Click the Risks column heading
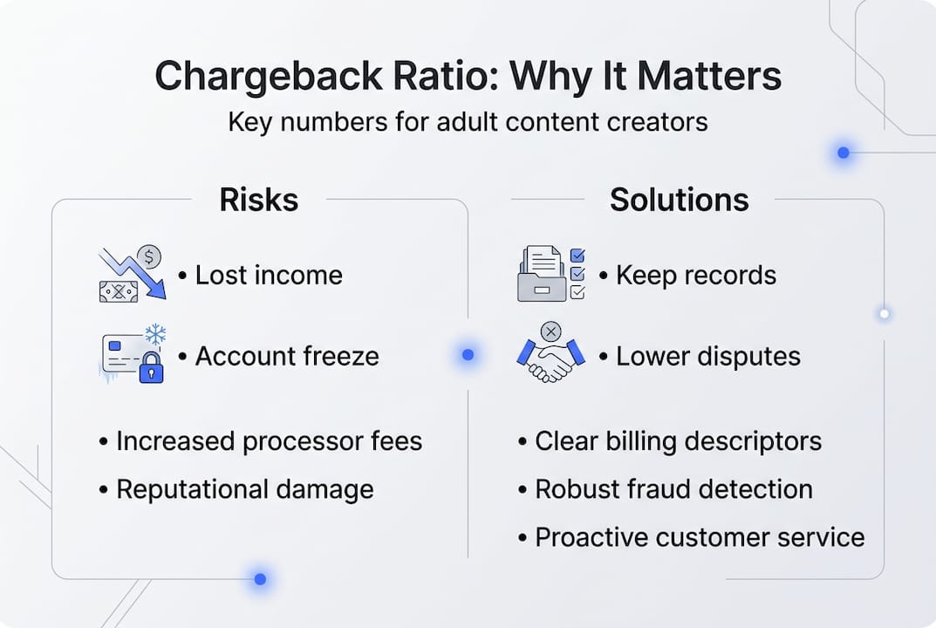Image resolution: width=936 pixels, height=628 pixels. tap(258, 200)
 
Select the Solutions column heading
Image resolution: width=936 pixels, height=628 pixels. tap(679, 200)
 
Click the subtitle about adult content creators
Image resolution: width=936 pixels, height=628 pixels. tap(468, 121)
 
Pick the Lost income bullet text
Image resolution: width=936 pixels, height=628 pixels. tap(269, 276)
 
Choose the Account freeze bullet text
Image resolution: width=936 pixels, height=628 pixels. tap(287, 356)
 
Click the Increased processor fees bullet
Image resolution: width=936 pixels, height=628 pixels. tap(269, 441)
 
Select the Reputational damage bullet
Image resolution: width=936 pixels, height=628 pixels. tap(244, 489)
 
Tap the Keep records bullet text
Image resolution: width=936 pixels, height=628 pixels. tap(695, 276)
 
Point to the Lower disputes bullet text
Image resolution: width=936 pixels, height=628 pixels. tap(707, 356)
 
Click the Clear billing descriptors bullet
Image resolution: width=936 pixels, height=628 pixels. tap(678, 441)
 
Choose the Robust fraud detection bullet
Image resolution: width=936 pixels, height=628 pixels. tap(673, 489)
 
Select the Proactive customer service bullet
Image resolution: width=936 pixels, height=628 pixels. tap(700, 537)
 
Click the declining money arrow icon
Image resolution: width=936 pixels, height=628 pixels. tap(132, 274)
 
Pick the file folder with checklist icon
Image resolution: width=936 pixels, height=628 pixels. tap(550, 274)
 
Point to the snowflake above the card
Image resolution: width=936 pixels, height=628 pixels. tap(155, 335)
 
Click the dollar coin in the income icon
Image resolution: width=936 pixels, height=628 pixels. tap(151, 256)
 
